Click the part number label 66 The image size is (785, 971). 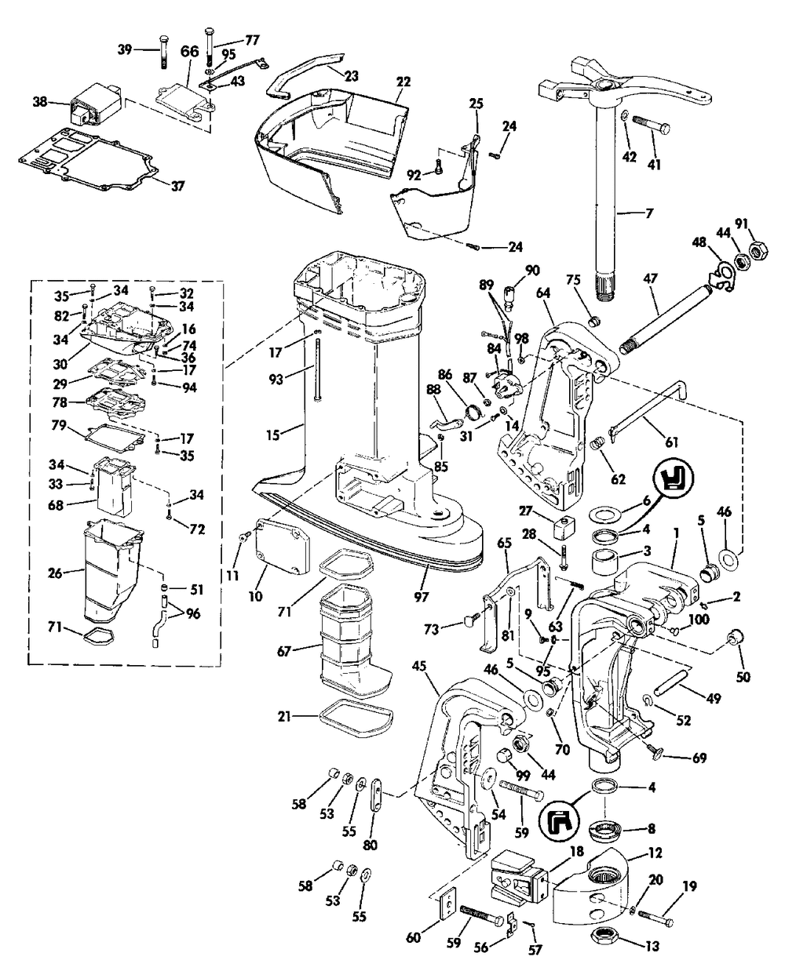click(x=189, y=52)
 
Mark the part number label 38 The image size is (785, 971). click(x=40, y=101)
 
